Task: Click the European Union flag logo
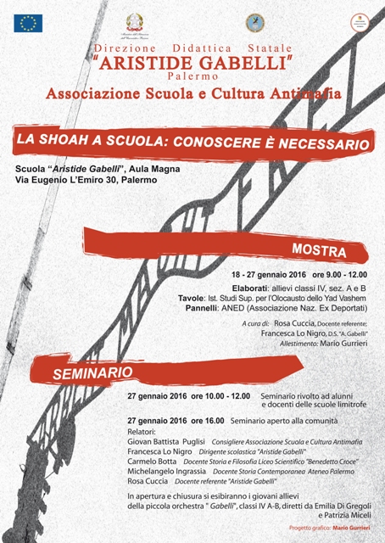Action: pyautogui.click(x=28, y=23)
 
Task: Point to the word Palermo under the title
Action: pyautogui.click(x=192, y=76)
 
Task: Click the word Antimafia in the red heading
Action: pyautogui.click(x=280, y=92)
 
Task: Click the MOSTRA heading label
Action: pyautogui.click(x=319, y=252)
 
